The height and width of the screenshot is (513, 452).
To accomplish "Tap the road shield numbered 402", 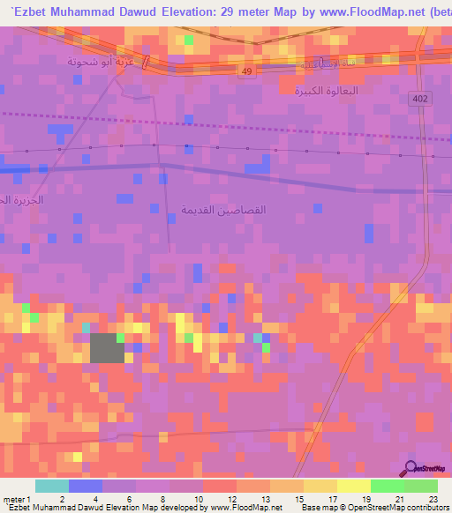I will click(x=421, y=100).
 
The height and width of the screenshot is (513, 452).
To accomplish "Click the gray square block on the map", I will click(x=107, y=348).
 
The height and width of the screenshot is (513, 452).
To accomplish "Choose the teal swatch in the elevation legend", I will click(x=52, y=486).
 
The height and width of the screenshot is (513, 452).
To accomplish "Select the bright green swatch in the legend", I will click(x=388, y=486).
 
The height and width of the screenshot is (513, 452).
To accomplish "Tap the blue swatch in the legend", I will click(x=86, y=486).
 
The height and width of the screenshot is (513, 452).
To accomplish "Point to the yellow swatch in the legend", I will click(x=354, y=486).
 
